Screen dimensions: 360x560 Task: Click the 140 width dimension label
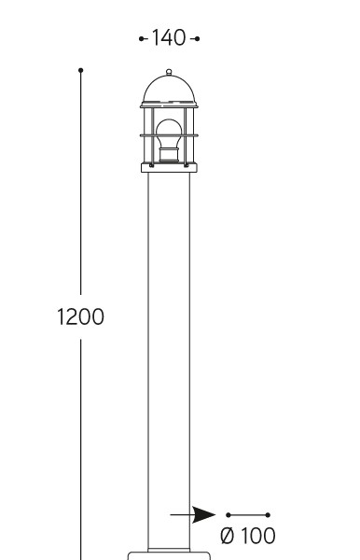pyautogui.click(x=169, y=38)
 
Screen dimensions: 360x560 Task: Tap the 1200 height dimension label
pyautogui.click(x=80, y=316)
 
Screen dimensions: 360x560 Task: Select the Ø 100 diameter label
pyautogui.click(x=248, y=536)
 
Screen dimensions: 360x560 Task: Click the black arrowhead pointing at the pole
pyautogui.click(x=203, y=514)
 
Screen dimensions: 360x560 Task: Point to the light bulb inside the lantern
pyautogui.click(x=169, y=133)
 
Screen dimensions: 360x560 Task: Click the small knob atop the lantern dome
pyautogui.click(x=169, y=72)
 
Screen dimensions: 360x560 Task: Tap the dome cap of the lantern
pyautogui.click(x=169, y=90)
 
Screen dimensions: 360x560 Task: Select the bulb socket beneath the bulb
pyautogui.click(x=169, y=155)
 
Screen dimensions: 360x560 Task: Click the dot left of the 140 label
pyautogui.click(x=141, y=38)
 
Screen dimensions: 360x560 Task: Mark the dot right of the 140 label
pyautogui.click(x=198, y=38)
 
